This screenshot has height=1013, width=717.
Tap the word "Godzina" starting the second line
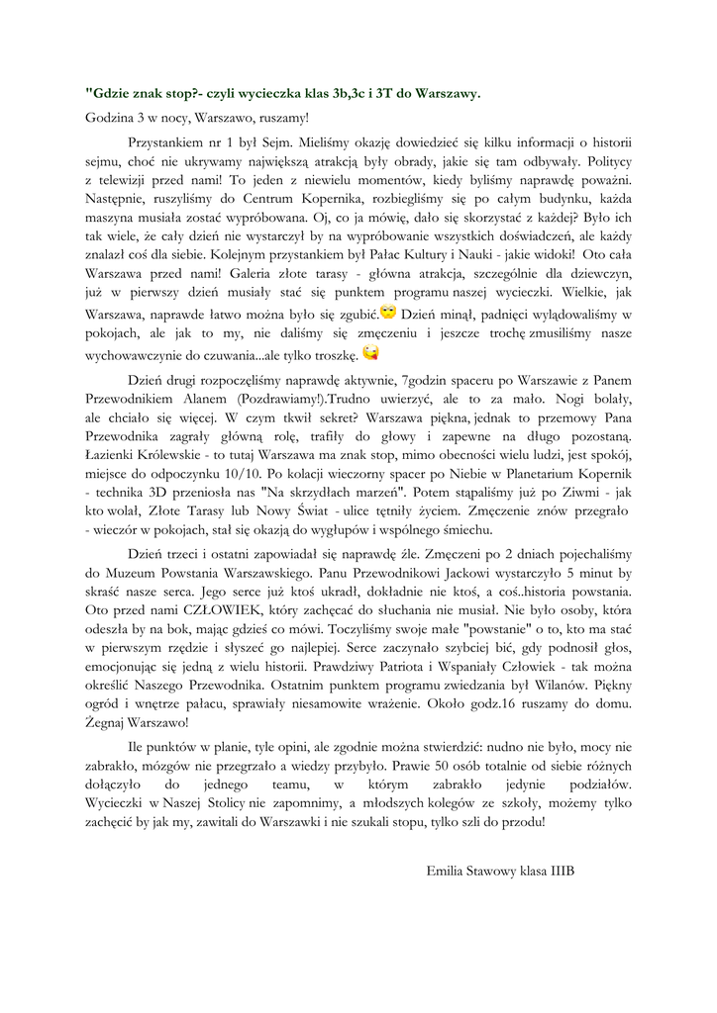point(109,118)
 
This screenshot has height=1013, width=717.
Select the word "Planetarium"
point(545,471)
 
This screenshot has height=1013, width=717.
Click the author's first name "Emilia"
point(447,871)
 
